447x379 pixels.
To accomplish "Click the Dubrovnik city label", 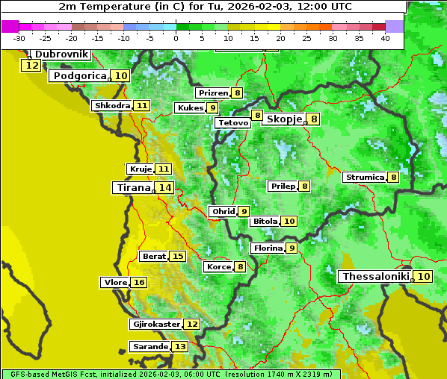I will (x=62, y=54).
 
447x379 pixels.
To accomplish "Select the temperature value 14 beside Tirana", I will (x=164, y=188).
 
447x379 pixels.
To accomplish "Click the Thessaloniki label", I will (x=375, y=277).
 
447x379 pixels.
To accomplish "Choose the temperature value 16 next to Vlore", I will (x=139, y=283).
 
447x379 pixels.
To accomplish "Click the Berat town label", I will (x=154, y=256).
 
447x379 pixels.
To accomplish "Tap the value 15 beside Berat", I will (x=177, y=256).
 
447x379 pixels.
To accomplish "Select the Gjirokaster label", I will (x=155, y=325).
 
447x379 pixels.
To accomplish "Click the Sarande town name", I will (x=150, y=347).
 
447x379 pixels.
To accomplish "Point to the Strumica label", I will (x=364, y=178).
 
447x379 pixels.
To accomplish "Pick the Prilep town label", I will (x=283, y=186).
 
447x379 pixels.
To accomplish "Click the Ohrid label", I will (x=223, y=212).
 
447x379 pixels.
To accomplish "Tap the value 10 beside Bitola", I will (x=289, y=221).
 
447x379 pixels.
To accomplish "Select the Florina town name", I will (x=268, y=248).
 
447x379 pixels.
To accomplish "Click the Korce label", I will (x=218, y=266).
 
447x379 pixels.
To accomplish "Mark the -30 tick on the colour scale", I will (x=20, y=38).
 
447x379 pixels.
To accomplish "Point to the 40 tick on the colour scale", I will (x=385, y=38).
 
